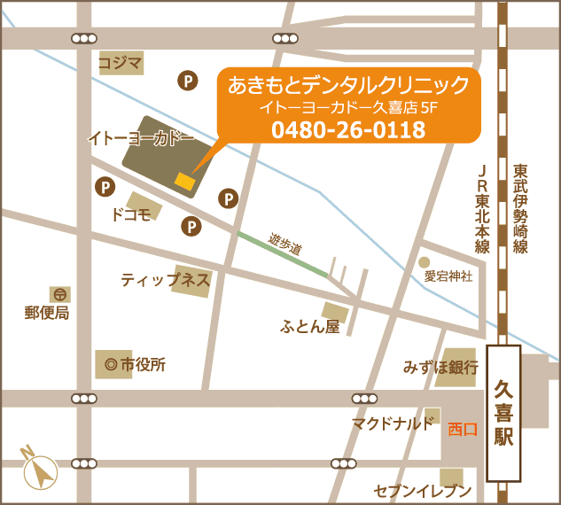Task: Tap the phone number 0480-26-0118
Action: [x=348, y=130]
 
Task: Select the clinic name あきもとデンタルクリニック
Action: [x=348, y=85]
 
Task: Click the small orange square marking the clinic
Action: [x=184, y=181]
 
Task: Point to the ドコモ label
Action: [x=130, y=214]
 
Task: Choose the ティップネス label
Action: [x=166, y=280]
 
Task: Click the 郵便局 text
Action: [x=47, y=313]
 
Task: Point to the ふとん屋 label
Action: [x=310, y=327]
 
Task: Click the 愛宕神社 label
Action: [x=448, y=276]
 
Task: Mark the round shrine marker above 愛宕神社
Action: [x=425, y=262]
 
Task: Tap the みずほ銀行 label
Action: [x=440, y=366]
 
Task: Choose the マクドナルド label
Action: [x=393, y=423]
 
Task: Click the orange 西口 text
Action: [x=463, y=429]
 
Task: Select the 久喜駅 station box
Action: [x=503, y=413]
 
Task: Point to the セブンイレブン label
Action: [x=422, y=491]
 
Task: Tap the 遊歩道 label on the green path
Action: [x=284, y=246]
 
